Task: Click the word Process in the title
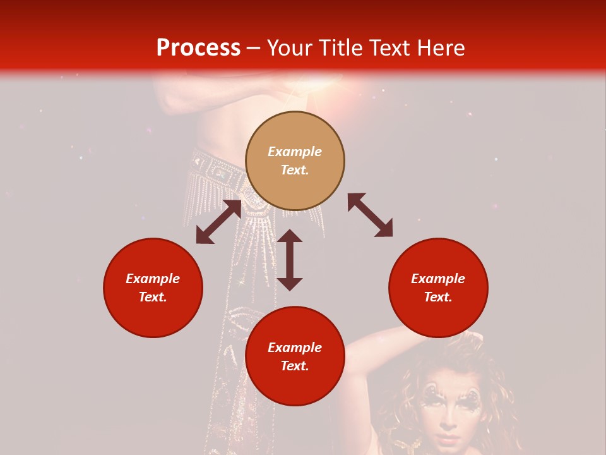198,48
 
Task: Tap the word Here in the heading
441,48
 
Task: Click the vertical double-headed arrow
290,260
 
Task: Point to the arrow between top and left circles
218,222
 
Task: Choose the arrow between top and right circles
371,215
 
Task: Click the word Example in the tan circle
295,152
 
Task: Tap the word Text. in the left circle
153,297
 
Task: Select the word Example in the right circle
438,279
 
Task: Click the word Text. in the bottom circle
295,366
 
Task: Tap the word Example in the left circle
153,279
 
